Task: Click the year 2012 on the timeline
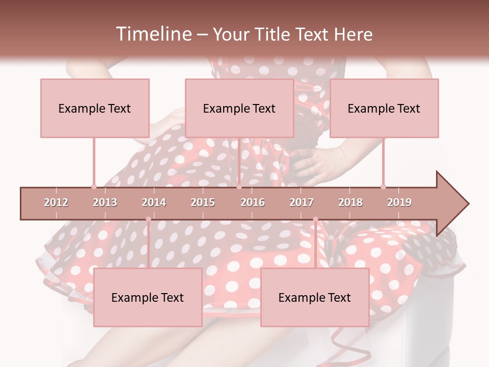(x=56, y=202)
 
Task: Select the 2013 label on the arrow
(x=105, y=202)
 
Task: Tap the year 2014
(x=154, y=202)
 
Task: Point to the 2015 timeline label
(x=203, y=202)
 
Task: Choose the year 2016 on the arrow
(x=253, y=202)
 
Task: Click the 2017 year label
(x=302, y=202)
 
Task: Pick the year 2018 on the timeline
(x=350, y=202)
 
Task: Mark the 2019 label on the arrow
(x=399, y=202)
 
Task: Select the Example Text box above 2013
(x=95, y=108)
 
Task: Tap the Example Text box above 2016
(x=239, y=108)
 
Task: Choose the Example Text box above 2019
(x=384, y=108)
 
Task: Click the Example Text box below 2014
(x=148, y=297)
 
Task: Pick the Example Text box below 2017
(x=315, y=297)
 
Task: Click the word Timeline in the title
(x=153, y=34)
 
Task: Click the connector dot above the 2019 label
(x=383, y=187)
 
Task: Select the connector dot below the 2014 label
(x=148, y=219)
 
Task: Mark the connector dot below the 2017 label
(x=315, y=219)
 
